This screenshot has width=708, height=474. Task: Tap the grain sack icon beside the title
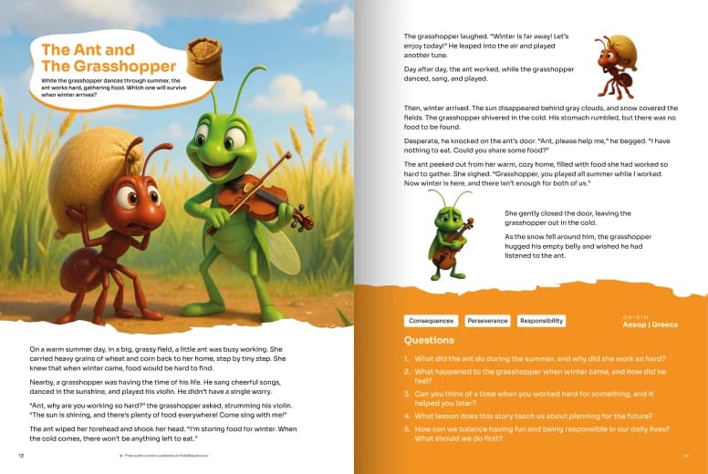(203, 57)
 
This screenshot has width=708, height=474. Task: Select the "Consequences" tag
(432, 321)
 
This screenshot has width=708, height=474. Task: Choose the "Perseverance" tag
(487, 321)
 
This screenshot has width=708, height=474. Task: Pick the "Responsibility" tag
(542, 321)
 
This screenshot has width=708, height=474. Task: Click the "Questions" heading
(429, 340)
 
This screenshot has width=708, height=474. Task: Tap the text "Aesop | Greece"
(650, 325)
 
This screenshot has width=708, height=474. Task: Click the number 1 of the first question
(406, 358)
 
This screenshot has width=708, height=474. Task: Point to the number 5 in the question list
(406, 428)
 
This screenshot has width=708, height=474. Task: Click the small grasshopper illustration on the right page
(450, 236)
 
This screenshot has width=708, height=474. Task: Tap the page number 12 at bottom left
(21, 454)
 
